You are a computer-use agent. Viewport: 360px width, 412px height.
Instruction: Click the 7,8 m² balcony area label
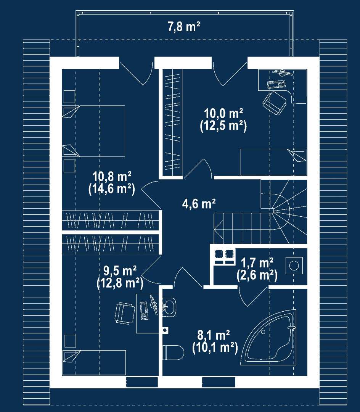tap(184, 27)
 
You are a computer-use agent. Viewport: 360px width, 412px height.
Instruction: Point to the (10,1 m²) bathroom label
tap(215, 348)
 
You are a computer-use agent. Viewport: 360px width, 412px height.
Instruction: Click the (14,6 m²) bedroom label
tap(111, 189)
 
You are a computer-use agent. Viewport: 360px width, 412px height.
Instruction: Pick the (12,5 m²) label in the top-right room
tap(223, 126)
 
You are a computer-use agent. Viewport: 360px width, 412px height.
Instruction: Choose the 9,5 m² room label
tap(120, 271)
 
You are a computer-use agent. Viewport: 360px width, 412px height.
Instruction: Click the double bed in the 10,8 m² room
tap(93, 131)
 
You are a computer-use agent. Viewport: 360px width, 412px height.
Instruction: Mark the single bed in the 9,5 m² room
tap(94, 362)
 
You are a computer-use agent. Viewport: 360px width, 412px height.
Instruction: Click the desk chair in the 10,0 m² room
tap(275, 101)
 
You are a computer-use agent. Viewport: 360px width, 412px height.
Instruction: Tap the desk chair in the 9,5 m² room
tap(125, 313)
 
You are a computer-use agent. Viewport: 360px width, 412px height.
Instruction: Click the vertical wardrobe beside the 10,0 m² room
tap(172, 121)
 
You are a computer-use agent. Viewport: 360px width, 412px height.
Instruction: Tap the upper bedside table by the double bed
tap(69, 97)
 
